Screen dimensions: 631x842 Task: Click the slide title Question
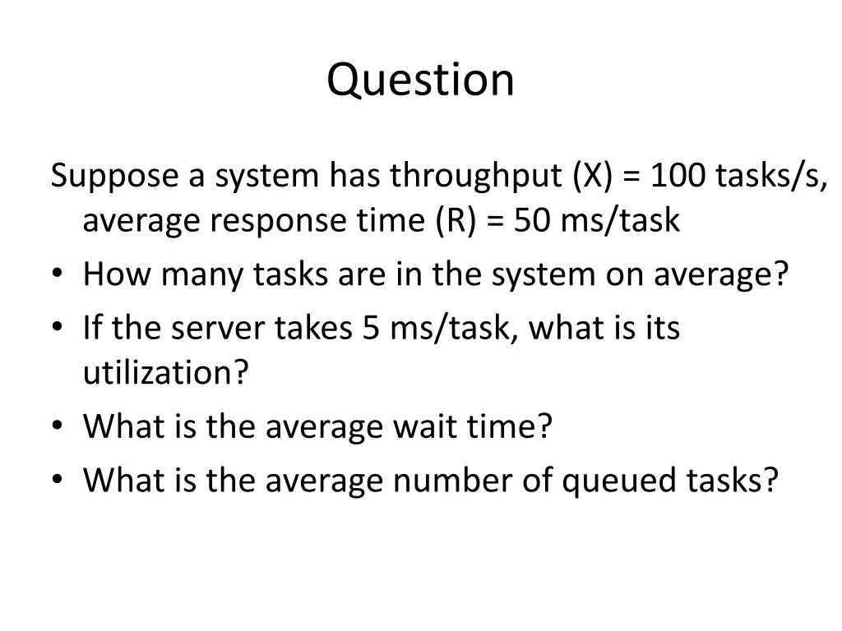420,81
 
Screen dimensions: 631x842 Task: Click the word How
117,274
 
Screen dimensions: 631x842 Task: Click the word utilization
165,374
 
